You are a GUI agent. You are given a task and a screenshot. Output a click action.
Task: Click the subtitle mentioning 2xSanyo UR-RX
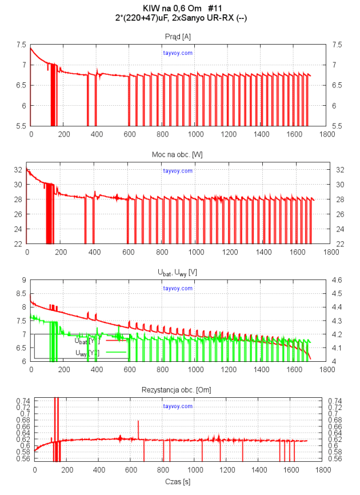click(x=179, y=18)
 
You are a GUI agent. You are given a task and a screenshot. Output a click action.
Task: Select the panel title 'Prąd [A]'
click(x=178, y=37)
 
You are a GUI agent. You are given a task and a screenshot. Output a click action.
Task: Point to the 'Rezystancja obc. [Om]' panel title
click(x=178, y=390)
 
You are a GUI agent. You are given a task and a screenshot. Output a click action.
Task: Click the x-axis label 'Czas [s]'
click(x=178, y=482)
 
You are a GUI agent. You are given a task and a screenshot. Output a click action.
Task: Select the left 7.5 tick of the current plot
click(x=21, y=45)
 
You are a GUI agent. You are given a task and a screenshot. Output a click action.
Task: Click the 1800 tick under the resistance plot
click(x=323, y=470)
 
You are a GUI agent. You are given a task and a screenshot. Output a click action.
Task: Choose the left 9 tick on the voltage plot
click(x=24, y=280)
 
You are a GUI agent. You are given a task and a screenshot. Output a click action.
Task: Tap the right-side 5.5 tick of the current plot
click(x=336, y=126)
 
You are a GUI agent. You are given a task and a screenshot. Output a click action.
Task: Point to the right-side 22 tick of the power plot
click(x=337, y=243)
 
